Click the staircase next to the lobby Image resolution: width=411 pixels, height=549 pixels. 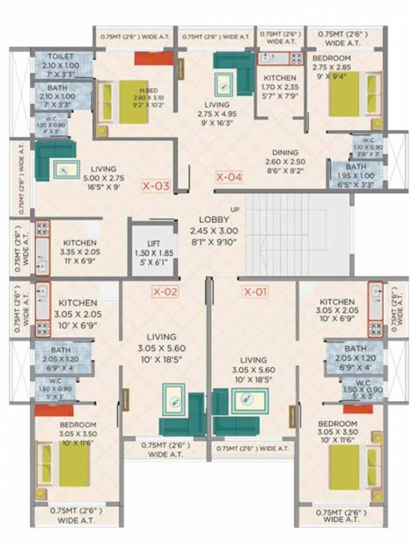click(297, 232)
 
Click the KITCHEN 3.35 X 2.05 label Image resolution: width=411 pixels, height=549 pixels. click(79, 243)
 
